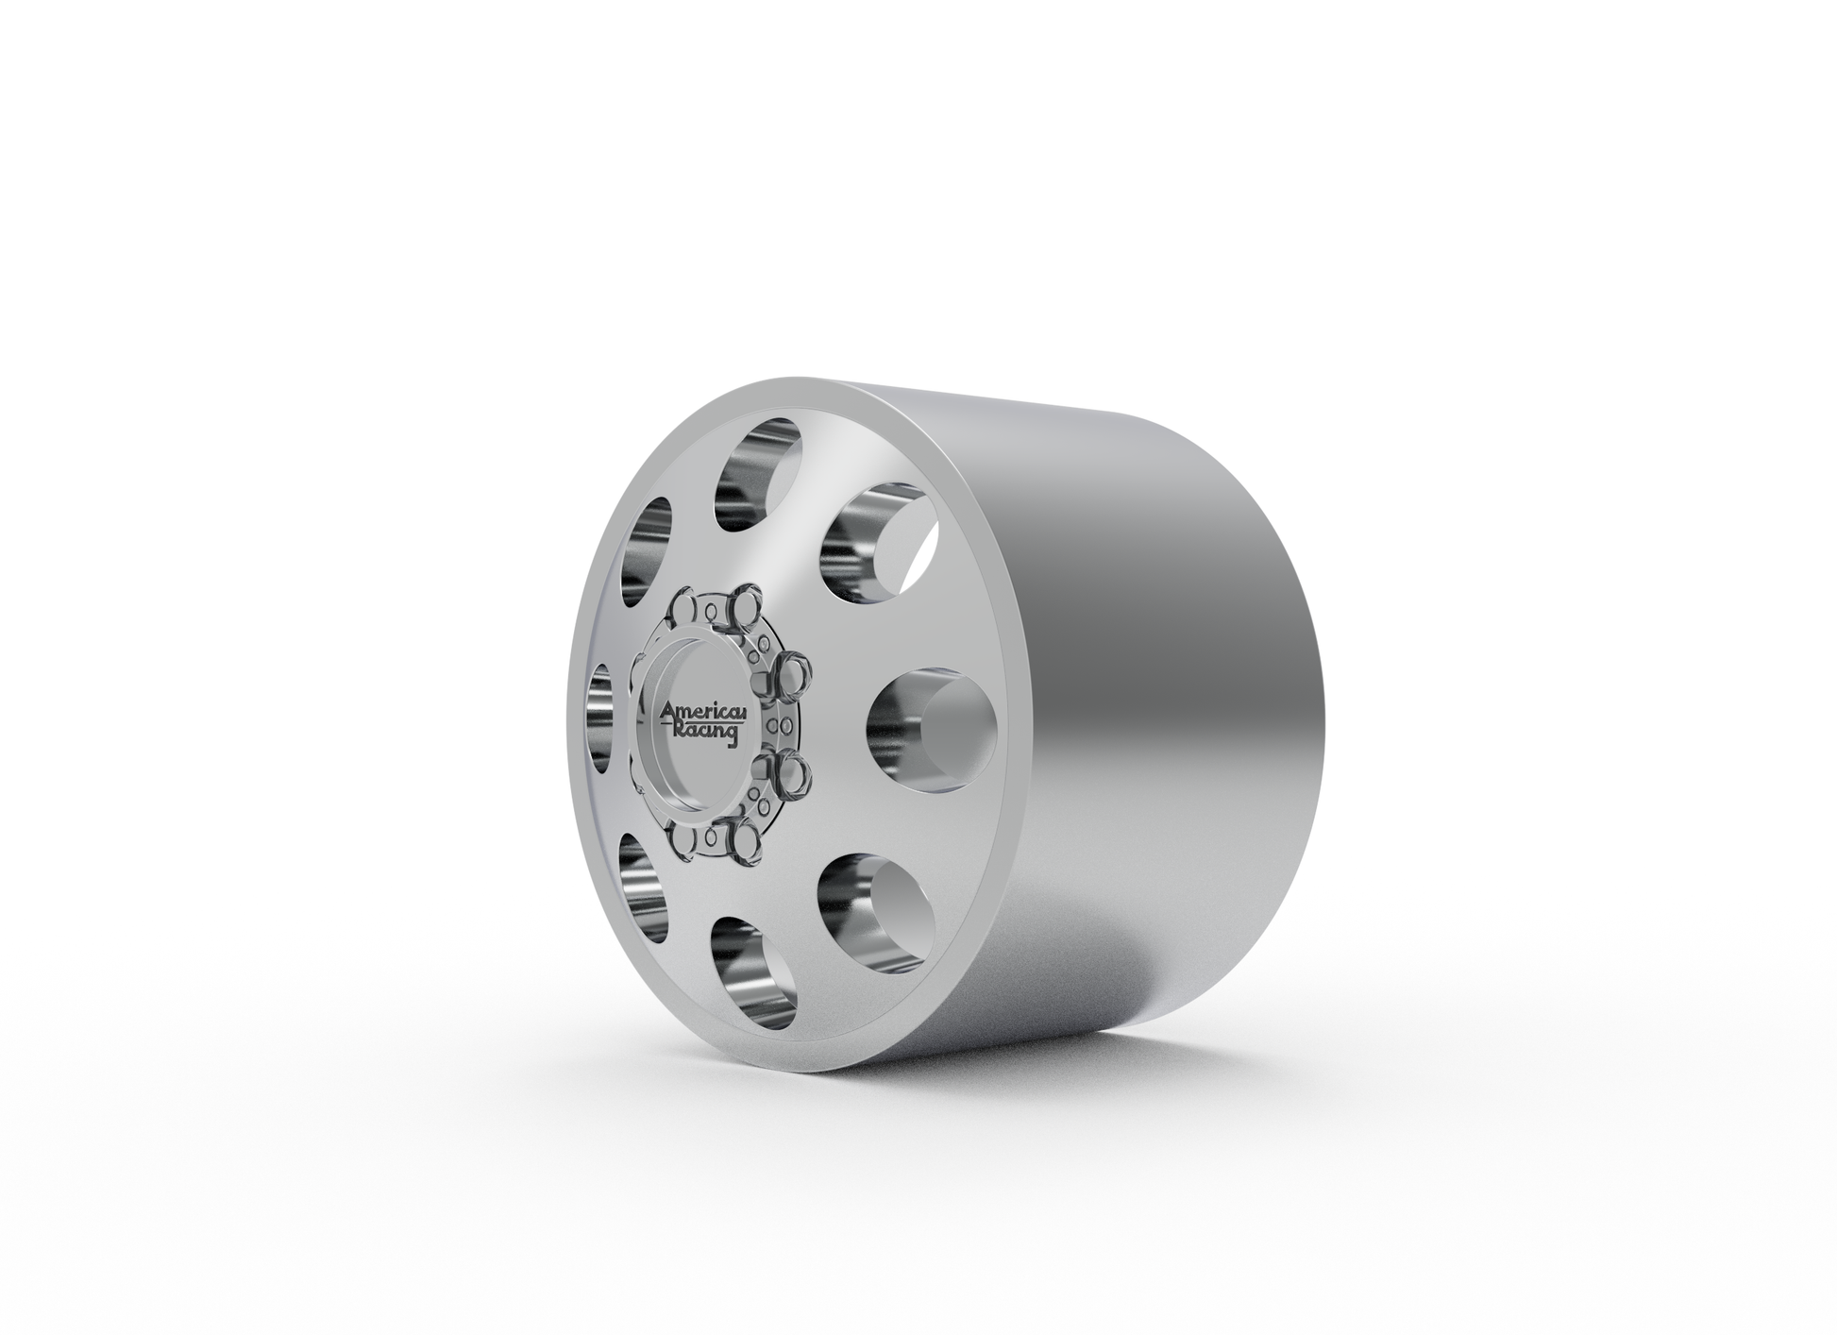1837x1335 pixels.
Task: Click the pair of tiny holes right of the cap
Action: [780, 725]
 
